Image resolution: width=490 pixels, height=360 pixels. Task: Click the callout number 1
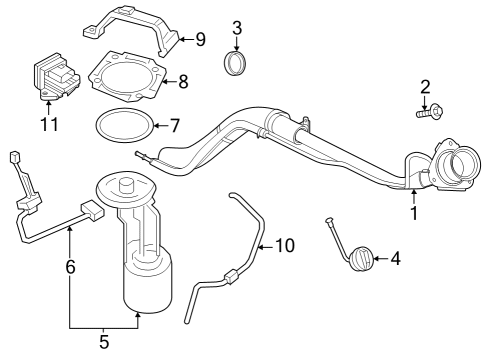pos(414,212)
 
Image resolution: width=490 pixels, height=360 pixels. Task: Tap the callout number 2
pos(425,88)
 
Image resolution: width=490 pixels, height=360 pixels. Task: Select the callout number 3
pos(236,27)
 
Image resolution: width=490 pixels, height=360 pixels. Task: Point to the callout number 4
pos(395,259)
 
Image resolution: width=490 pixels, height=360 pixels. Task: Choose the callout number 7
pos(174,126)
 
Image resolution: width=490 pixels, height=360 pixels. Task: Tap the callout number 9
pos(199,40)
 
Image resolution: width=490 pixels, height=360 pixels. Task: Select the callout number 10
pos(285,244)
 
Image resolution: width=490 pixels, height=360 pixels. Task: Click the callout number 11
pos(48,125)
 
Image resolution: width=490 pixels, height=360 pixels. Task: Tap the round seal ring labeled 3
pos(237,65)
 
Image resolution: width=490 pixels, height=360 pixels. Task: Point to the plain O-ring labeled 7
pos(124,126)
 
